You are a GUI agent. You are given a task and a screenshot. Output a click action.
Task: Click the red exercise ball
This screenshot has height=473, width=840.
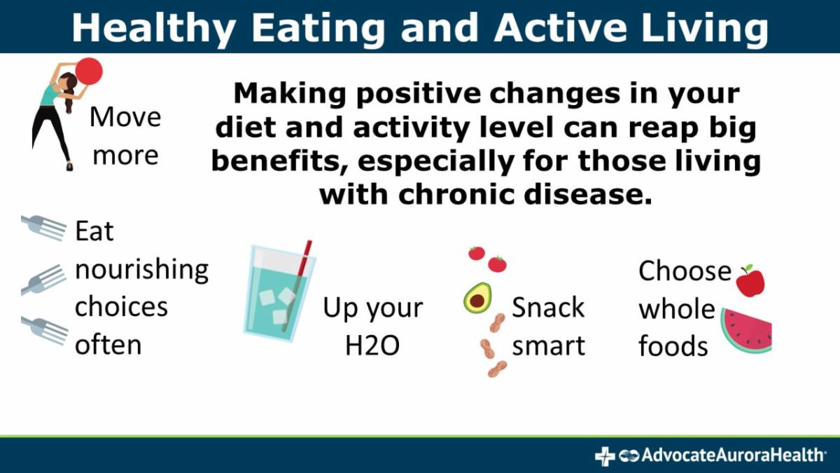[89, 71]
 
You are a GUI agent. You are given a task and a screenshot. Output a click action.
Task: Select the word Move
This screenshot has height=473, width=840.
[125, 117]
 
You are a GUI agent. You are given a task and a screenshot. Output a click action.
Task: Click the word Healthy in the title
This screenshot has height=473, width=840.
[154, 29]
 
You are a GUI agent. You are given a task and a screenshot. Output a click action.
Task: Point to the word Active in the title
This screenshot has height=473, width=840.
[561, 28]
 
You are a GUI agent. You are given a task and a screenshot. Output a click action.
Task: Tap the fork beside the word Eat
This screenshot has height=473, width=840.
[44, 228]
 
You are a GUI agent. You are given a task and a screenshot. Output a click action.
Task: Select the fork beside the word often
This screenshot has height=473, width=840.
[45, 330]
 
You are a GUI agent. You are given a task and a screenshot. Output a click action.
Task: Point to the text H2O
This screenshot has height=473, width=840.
[372, 345]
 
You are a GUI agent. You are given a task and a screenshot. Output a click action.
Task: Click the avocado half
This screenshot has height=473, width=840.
[477, 298]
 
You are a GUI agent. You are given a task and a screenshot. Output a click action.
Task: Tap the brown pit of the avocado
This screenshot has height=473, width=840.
[477, 301]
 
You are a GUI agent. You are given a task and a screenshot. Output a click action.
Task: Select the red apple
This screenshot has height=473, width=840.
[750, 281]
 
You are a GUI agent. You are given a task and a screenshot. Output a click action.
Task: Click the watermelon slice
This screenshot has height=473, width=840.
[746, 330]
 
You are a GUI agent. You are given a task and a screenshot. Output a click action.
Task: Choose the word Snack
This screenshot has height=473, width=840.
[548, 308]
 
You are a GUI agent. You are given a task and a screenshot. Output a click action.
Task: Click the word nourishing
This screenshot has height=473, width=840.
[141, 270]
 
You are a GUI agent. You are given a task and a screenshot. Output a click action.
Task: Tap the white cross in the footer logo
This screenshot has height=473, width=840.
[605, 456]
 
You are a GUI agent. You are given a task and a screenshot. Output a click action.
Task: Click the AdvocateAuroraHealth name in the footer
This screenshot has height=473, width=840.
[734, 455]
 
